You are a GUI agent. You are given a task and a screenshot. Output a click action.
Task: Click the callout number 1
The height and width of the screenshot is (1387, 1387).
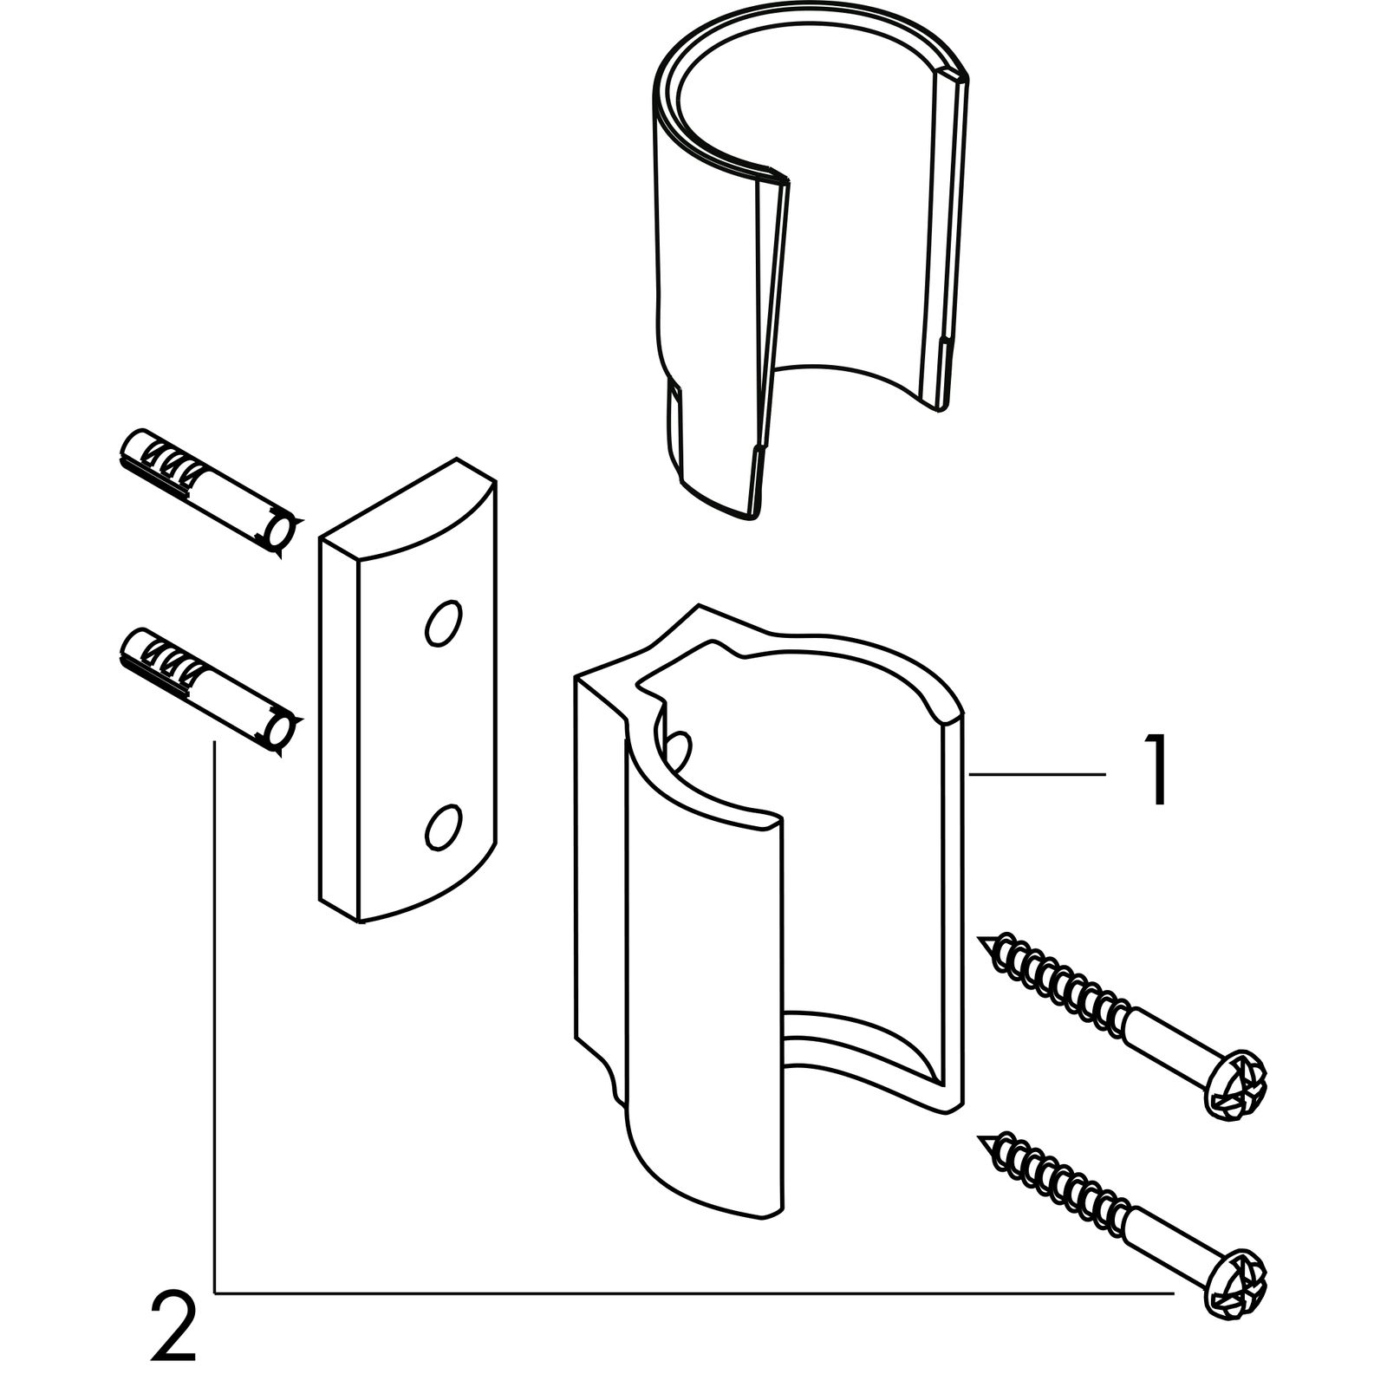1156,770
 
